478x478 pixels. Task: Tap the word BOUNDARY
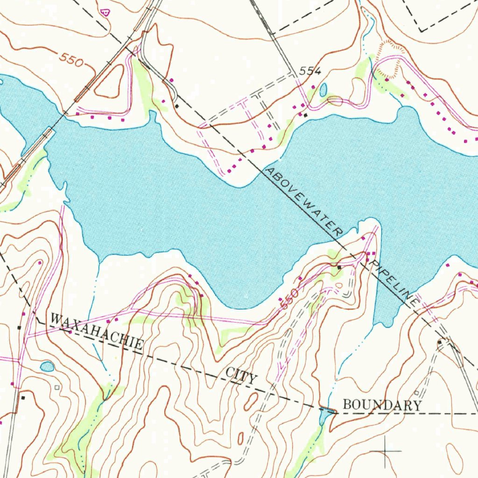382,405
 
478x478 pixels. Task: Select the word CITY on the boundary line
241,376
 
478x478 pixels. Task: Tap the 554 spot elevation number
310,71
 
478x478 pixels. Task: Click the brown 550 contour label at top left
71,60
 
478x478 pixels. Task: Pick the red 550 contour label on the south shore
289,299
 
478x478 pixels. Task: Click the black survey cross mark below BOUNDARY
385,451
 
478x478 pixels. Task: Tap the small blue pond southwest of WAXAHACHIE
47,366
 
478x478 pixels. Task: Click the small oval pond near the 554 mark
323,90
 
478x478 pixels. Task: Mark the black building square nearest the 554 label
306,114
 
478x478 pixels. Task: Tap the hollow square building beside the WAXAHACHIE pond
57,387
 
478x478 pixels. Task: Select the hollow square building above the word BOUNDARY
416,393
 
